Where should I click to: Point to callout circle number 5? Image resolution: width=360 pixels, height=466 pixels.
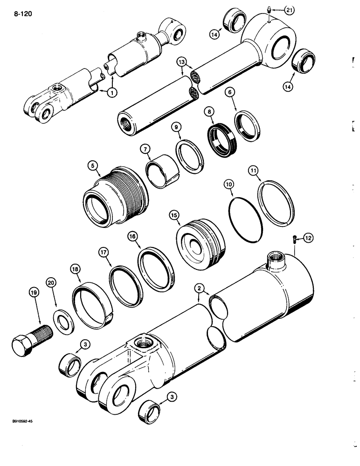pyautogui.click(x=93, y=166)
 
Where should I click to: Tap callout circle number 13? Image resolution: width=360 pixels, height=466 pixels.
pyautogui.click(x=182, y=62)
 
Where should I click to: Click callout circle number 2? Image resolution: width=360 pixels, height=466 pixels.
pyautogui.click(x=200, y=289)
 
